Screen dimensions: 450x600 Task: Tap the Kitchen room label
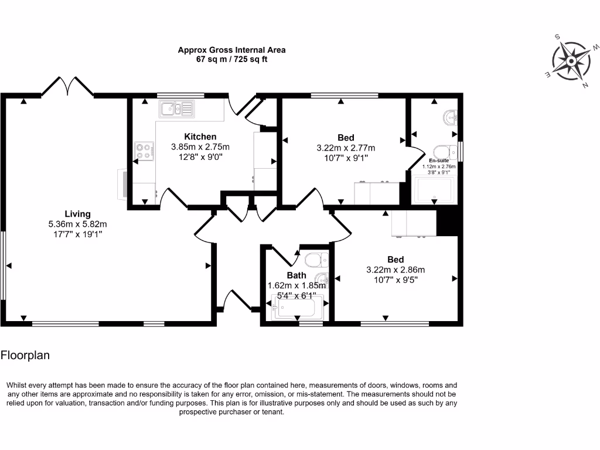(x=200, y=137)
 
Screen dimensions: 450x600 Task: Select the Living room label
(x=77, y=214)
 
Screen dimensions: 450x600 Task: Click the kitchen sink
(x=175, y=108)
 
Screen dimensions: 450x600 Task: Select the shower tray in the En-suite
(x=434, y=189)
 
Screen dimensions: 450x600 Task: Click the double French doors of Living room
(x=67, y=86)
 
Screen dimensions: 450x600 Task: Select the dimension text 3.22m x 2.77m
(x=346, y=148)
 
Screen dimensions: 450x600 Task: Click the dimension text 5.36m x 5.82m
(x=77, y=224)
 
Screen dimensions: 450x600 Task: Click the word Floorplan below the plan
(x=25, y=355)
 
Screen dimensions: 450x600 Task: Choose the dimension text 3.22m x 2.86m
(x=395, y=270)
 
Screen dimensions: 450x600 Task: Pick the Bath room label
(x=296, y=275)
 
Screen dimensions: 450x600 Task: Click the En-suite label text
(x=438, y=161)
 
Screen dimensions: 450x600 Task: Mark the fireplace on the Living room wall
(x=122, y=184)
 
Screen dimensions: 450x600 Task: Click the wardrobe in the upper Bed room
(x=377, y=193)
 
